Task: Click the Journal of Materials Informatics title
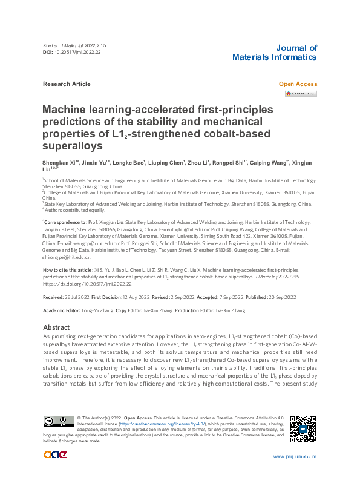point(274,53)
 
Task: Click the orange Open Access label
point(297,84)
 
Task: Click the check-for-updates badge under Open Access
point(301,94)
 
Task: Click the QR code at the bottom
point(303,429)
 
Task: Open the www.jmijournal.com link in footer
point(295,456)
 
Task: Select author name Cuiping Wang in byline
point(270,163)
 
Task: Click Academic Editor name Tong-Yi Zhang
point(96,310)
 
